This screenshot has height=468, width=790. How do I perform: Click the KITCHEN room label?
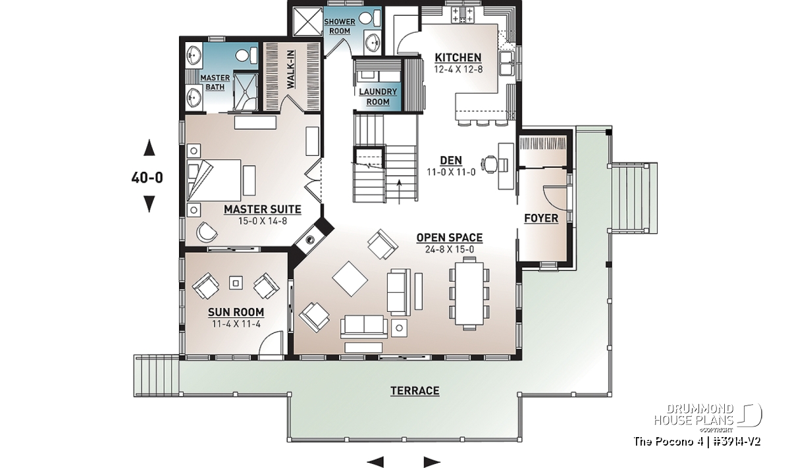coord(458,57)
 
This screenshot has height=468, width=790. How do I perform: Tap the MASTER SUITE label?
coord(263,209)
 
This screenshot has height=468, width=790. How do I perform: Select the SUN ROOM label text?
coord(236,312)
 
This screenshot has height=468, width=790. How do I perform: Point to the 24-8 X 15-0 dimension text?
coord(450,249)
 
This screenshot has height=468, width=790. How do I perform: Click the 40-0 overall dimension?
coord(147,178)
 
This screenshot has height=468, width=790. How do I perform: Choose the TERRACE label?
coord(415,391)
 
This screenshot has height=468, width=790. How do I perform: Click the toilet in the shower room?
coord(371,18)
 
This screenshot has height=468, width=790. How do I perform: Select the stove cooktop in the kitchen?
coord(463,15)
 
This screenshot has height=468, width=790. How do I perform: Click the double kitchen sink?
coord(507,63)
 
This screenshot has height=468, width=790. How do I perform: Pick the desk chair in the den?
coord(491,165)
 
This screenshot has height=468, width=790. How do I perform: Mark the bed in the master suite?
coord(214,180)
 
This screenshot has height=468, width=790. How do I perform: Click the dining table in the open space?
coord(469,294)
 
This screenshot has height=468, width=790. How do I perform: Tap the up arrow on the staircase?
coord(399,192)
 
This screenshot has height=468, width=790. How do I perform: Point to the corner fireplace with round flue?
coord(311,238)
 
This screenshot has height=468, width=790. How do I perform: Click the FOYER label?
coord(541,219)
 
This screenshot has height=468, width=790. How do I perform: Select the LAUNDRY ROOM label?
coord(378,97)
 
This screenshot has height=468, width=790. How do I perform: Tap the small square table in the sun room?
coord(236,283)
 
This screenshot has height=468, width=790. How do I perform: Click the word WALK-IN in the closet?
coord(290,70)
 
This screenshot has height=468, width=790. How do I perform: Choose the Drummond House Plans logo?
coord(707,418)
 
